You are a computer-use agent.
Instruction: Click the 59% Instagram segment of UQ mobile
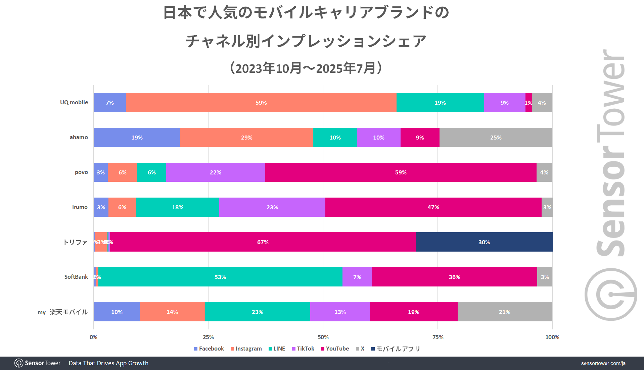(261, 103)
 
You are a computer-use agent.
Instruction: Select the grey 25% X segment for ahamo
(496, 138)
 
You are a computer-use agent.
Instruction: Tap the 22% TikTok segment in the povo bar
(216, 172)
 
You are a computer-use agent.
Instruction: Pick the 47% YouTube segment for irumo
(433, 207)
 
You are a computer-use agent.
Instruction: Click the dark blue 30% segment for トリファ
(484, 242)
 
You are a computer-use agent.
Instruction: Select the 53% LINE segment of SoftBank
(220, 277)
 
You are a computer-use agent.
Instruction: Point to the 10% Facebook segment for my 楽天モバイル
(117, 312)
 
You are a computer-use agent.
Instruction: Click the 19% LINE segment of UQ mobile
(440, 103)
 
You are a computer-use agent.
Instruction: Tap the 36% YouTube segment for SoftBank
(454, 277)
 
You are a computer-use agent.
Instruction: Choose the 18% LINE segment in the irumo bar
(178, 207)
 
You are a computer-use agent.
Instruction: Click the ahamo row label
(79, 137)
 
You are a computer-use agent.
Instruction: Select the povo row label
(81, 172)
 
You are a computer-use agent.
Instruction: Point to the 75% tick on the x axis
(438, 337)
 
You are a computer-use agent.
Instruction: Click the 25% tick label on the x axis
(208, 337)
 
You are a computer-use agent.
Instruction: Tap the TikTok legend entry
(303, 349)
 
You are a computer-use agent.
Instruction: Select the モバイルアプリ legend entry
(396, 349)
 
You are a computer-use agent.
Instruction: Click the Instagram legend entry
(246, 349)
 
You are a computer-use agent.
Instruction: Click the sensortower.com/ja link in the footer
(603, 363)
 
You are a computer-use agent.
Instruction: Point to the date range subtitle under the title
(306, 68)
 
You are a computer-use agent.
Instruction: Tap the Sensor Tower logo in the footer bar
(38, 363)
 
